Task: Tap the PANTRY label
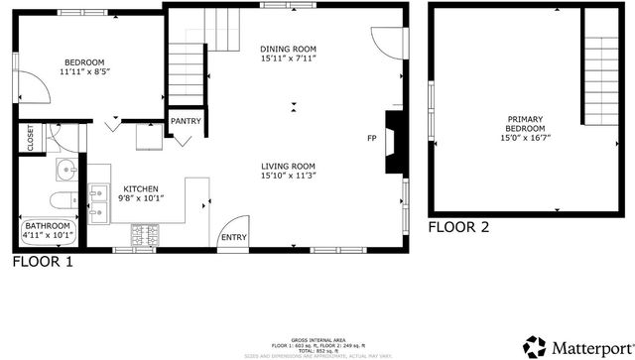(186, 122)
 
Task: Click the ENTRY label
(234, 237)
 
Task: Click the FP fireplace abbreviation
(372, 138)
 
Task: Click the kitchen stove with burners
(146, 235)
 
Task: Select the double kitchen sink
(99, 200)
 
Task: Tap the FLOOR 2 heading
(458, 227)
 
